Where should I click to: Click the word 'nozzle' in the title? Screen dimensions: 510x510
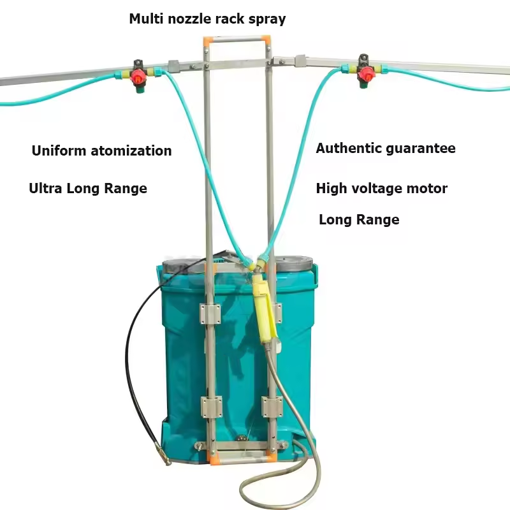pos(187,19)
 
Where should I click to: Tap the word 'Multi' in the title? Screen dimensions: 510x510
pos(145,18)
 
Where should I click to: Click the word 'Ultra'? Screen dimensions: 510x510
pos(45,188)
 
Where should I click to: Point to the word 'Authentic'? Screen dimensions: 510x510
pos(349,149)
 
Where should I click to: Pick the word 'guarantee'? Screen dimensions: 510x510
pos(421,149)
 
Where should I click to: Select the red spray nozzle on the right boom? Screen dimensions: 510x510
pos(364,76)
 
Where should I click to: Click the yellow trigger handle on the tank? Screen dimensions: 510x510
pos(263,306)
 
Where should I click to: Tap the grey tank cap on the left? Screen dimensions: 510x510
pos(181,263)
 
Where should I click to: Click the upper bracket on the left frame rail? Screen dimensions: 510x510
pos(210,313)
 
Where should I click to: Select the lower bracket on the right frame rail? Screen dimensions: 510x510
pos(271,405)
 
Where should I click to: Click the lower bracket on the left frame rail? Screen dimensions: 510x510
pos(211,405)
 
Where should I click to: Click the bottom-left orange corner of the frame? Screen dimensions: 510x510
pos(213,456)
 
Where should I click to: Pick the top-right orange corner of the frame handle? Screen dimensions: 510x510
pos(265,40)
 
